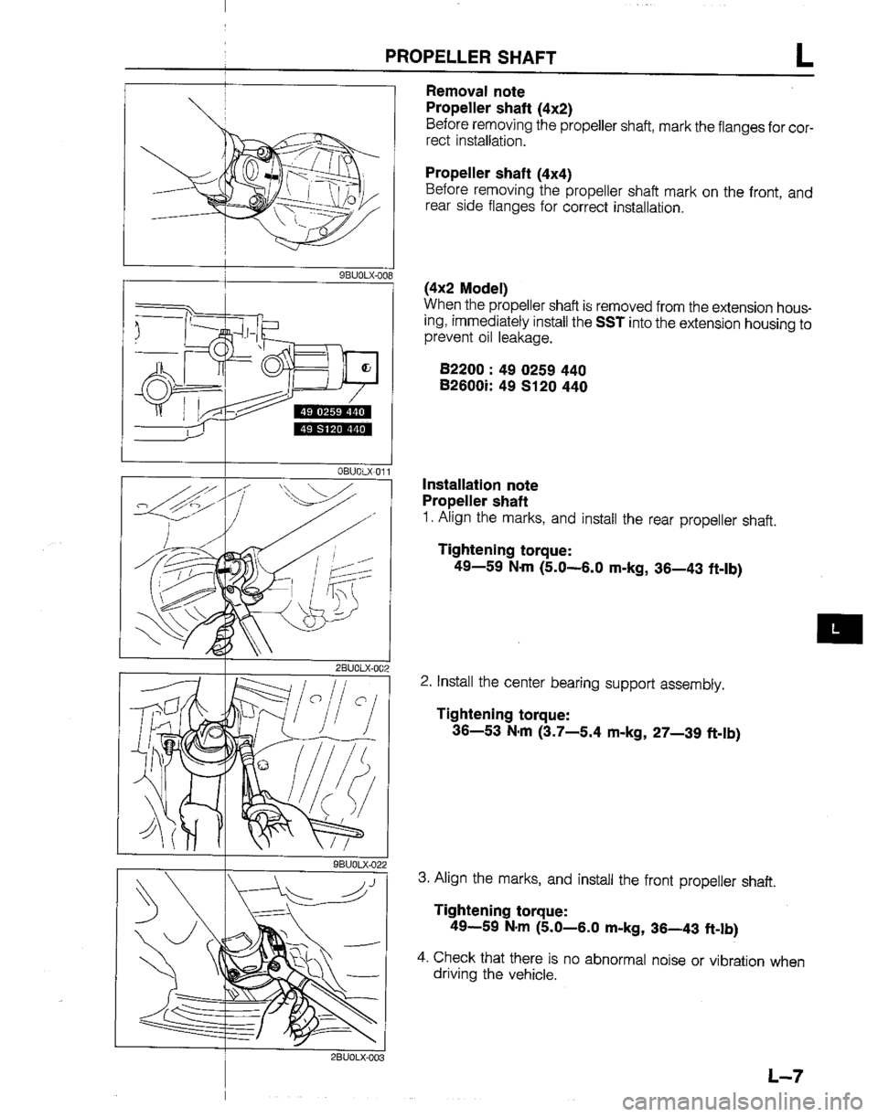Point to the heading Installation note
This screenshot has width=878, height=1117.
pyautogui.click(x=479, y=484)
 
